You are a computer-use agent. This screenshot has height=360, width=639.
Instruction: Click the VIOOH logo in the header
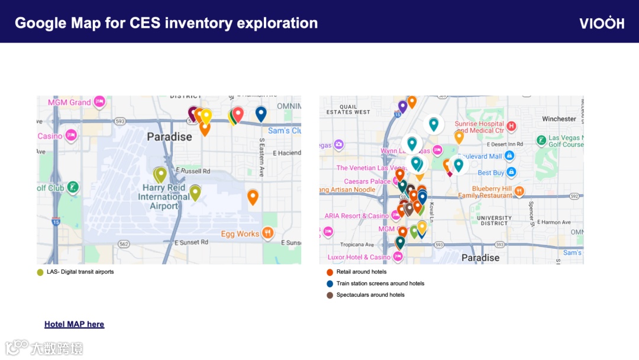click(601, 23)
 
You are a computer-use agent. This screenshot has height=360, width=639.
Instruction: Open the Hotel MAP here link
click(74, 324)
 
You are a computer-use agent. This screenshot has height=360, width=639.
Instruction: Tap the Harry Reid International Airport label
click(163, 197)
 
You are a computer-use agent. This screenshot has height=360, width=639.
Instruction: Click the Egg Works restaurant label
click(240, 234)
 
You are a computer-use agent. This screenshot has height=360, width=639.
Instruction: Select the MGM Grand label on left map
click(69, 102)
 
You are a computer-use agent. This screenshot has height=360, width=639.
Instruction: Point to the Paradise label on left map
click(169, 137)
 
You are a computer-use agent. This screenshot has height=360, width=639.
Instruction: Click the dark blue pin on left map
click(260, 112)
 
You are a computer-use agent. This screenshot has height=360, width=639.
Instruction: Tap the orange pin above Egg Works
click(253, 196)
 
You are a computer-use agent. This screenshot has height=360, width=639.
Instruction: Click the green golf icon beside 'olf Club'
click(72, 188)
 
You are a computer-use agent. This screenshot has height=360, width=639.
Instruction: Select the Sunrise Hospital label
click(479, 127)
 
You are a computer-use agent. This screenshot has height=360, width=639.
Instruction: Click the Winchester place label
click(559, 119)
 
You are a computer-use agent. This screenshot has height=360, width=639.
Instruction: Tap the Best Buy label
click(490, 173)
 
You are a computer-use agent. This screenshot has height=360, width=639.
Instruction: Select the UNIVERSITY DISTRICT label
click(493, 221)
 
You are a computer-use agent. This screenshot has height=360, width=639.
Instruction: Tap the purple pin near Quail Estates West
click(402, 105)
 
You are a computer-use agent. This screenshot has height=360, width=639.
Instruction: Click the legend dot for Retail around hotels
click(330, 272)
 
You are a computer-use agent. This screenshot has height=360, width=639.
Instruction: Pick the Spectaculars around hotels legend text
click(370, 295)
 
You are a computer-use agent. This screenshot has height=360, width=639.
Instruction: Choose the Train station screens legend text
click(380, 284)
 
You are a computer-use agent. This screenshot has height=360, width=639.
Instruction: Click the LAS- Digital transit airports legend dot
click(40, 272)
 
